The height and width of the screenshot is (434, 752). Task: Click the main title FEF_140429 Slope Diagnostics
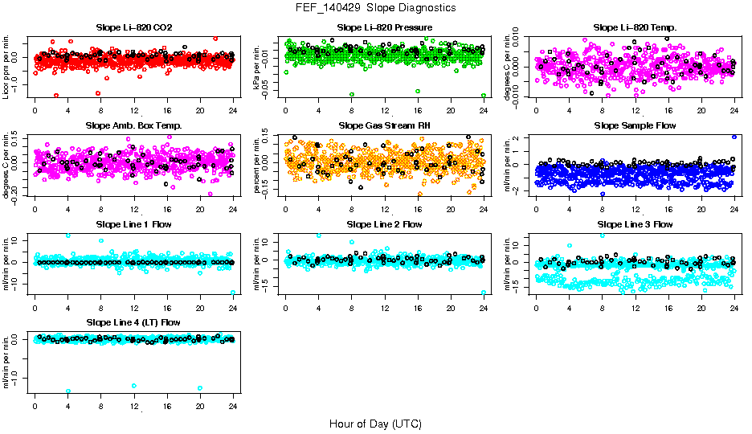(x=375, y=7)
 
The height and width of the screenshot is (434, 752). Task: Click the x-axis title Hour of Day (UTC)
(x=375, y=423)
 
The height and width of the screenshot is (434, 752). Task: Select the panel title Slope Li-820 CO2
(x=133, y=28)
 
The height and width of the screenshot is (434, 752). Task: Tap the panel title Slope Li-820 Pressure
(x=385, y=28)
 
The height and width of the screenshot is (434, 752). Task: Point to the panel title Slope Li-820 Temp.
(x=635, y=28)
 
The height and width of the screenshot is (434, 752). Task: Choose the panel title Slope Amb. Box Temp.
(x=133, y=126)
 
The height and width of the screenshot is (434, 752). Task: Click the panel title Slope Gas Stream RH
(x=385, y=126)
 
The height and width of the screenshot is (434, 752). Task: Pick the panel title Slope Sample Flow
(x=635, y=126)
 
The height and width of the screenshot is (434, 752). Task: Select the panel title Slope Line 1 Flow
(x=133, y=224)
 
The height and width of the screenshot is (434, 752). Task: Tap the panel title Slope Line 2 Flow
(x=385, y=224)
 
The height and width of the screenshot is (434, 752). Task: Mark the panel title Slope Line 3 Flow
(x=635, y=224)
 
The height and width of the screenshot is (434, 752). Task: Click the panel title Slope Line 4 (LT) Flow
(x=133, y=322)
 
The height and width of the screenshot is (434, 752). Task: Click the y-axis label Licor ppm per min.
(x=7, y=67)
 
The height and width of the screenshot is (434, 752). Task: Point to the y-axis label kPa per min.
(x=258, y=67)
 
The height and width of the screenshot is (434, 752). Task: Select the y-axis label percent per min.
(x=258, y=165)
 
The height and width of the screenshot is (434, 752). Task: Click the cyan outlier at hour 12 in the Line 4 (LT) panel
(x=133, y=386)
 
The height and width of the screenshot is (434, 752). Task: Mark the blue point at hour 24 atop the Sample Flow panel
(x=734, y=137)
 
